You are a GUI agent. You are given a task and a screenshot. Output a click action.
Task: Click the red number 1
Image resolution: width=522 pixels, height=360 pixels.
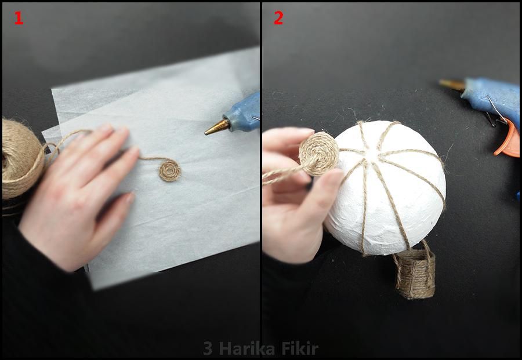19,18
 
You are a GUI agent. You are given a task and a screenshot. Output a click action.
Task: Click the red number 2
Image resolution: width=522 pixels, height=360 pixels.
278,18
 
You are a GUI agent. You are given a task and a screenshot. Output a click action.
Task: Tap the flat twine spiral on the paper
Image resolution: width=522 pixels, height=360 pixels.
170,170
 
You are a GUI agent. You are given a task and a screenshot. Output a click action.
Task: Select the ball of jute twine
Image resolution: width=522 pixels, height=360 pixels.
21,159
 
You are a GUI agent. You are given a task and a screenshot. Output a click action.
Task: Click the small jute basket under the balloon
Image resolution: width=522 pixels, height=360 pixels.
414,273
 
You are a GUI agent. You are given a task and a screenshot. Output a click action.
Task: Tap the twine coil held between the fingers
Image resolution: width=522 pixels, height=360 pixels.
318,154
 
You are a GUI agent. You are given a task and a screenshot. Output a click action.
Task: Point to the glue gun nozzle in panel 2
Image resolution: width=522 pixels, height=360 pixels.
452,85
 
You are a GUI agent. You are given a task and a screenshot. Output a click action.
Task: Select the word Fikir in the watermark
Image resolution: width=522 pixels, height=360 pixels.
300,348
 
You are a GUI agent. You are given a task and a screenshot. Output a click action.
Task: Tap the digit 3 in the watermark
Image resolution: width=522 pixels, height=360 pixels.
208,348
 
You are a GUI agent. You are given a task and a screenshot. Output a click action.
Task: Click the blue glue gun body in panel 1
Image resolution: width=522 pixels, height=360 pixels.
243,112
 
